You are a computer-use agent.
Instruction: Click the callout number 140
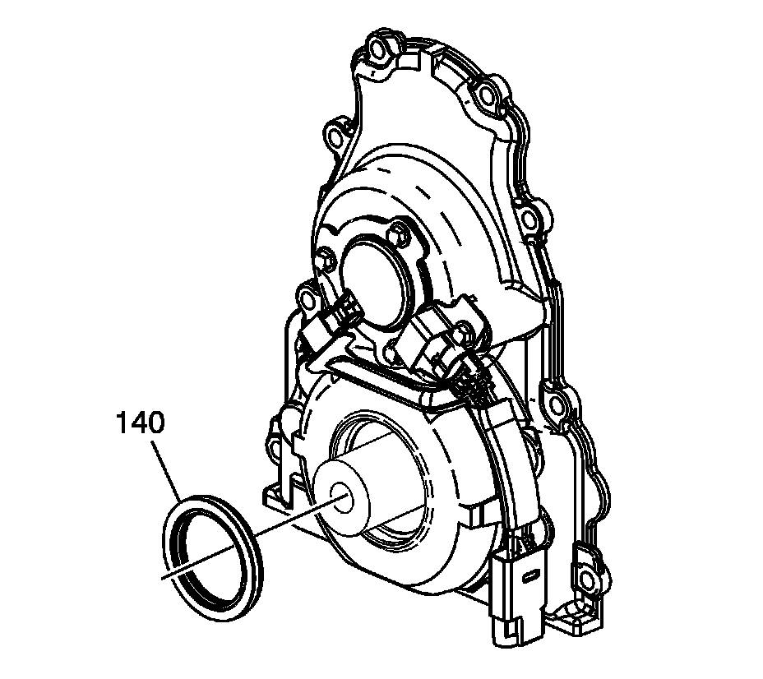click(x=140, y=423)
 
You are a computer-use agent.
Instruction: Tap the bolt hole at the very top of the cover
click(x=378, y=48)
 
